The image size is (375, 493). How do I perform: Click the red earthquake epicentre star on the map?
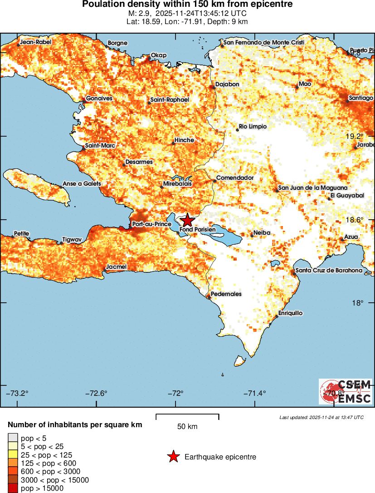tap(187, 221)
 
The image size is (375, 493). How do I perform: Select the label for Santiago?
tap(360, 98)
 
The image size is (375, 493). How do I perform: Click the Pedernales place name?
tap(226, 294)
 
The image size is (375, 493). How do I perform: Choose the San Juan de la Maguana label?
tap(313, 187)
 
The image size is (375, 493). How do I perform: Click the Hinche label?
tap(184, 140)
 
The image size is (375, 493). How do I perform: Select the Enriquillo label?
tap(290, 313)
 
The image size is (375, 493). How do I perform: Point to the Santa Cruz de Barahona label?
tap(329, 271)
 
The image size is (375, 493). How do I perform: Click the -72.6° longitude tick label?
tap(97, 393)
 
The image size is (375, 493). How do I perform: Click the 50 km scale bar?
tap(187, 417)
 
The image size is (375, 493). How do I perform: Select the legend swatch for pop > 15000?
tap(12, 488)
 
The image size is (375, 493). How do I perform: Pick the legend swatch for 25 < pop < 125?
tap(12, 454)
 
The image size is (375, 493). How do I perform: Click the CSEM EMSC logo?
tap(346, 391)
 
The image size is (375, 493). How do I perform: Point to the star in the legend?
tap(173, 457)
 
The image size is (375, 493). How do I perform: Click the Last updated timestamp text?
tap(321, 417)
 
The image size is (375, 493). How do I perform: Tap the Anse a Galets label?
tap(82, 184)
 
